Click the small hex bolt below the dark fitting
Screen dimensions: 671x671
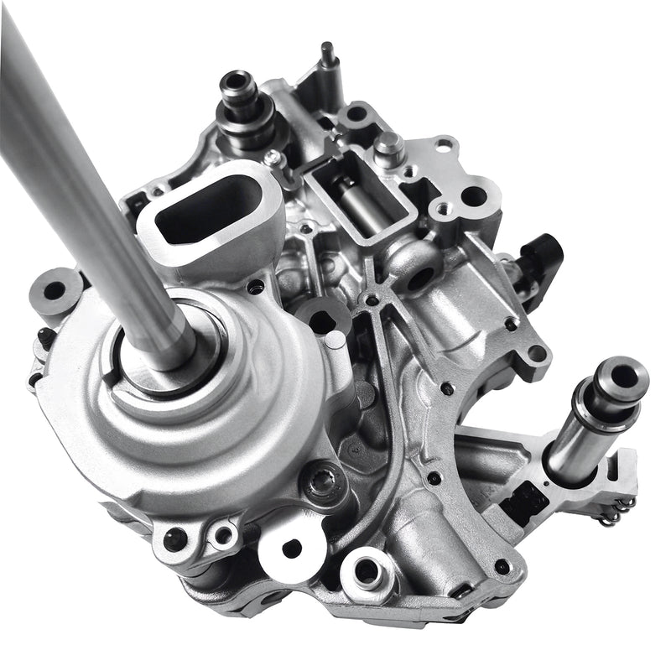click(x=270, y=157)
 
